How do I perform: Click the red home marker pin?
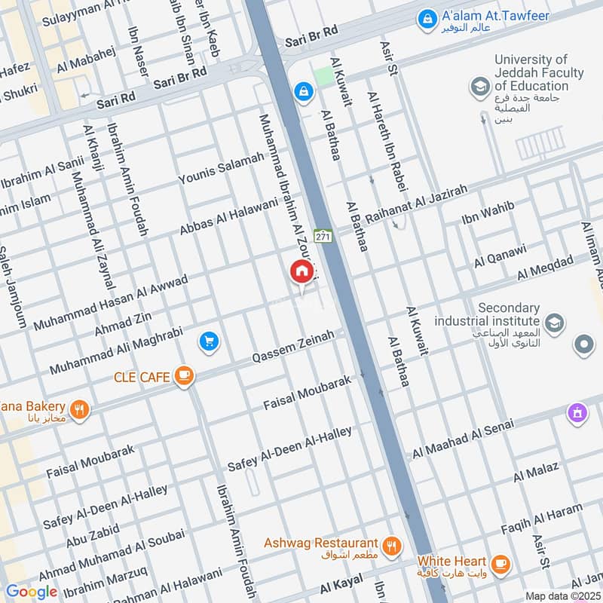pyautogui.click(x=301, y=271)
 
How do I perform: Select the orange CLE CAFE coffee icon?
pyautogui.click(x=183, y=375)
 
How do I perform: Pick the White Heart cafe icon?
pyautogui.click(x=499, y=562)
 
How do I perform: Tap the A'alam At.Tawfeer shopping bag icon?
pyautogui.click(x=427, y=17)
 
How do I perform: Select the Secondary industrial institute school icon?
pyautogui.click(x=554, y=323)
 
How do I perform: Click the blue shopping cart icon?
pyautogui.click(x=209, y=342)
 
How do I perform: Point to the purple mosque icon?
pyautogui.click(x=577, y=413)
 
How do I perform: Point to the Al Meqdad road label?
pyautogui.click(x=545, y=268)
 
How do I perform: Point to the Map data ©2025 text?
pyautogui.click(x=562, y=595)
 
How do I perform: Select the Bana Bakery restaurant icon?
pyautogui.click(x=79, y=411)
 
